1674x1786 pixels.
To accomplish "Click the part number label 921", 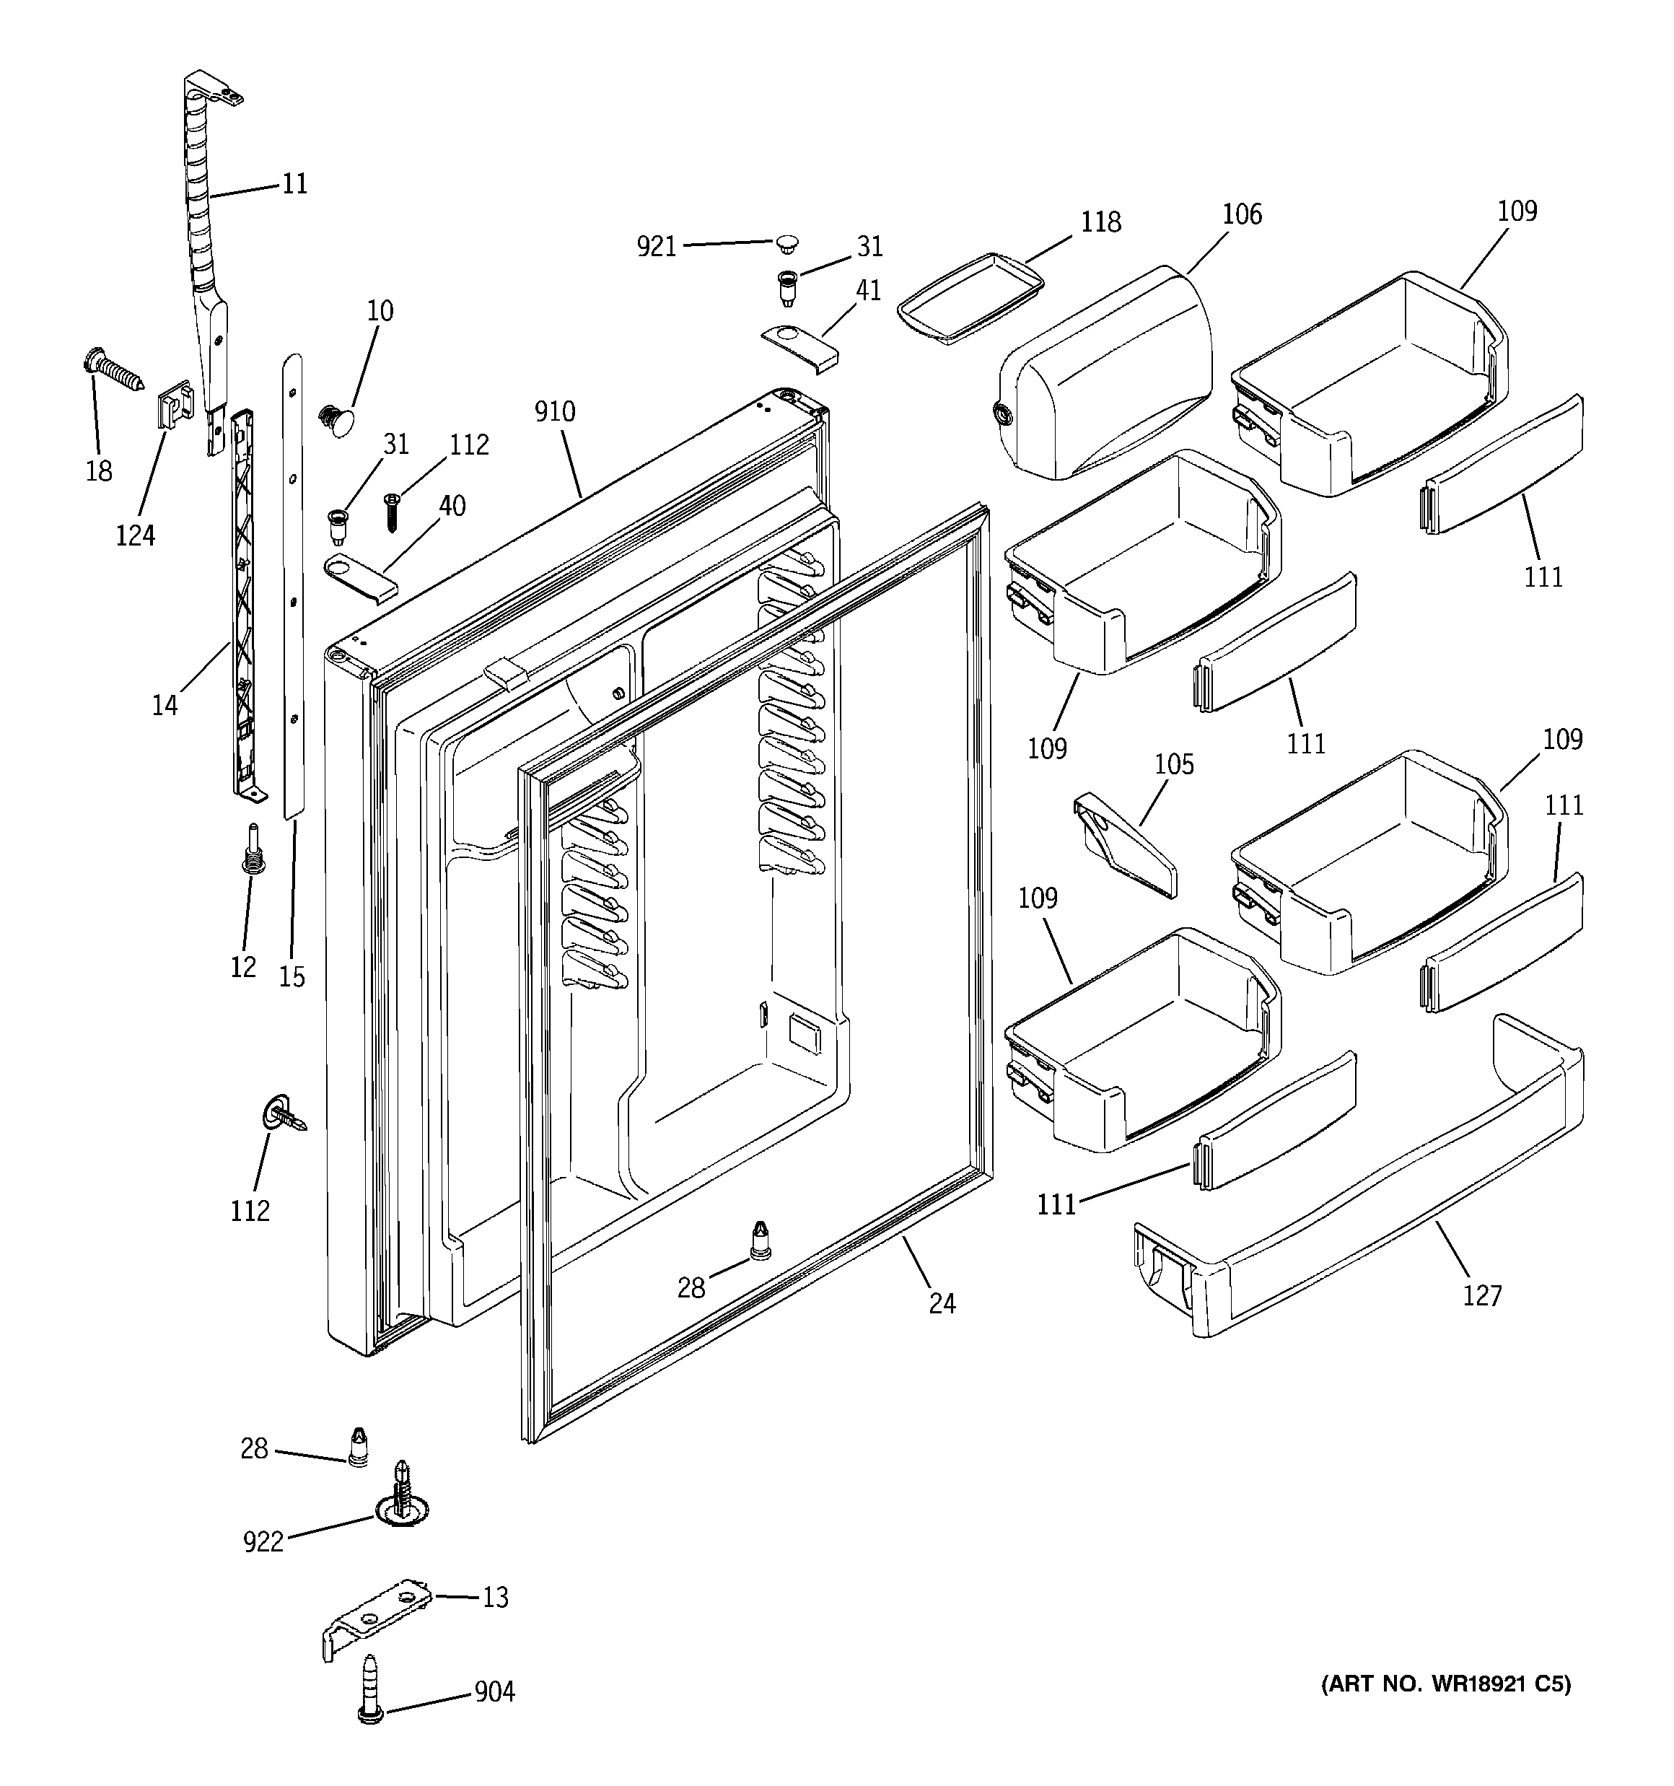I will coord(656,246).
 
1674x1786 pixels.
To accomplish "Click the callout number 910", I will coord(554,411).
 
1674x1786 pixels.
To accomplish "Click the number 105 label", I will coord(1173,764).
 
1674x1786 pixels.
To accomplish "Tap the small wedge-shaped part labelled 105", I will coord(1124,844).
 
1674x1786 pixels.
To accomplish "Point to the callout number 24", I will coord(942,1303).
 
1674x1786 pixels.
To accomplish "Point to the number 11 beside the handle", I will coord(294,184).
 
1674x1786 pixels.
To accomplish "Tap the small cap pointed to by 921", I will coord(788,242).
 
